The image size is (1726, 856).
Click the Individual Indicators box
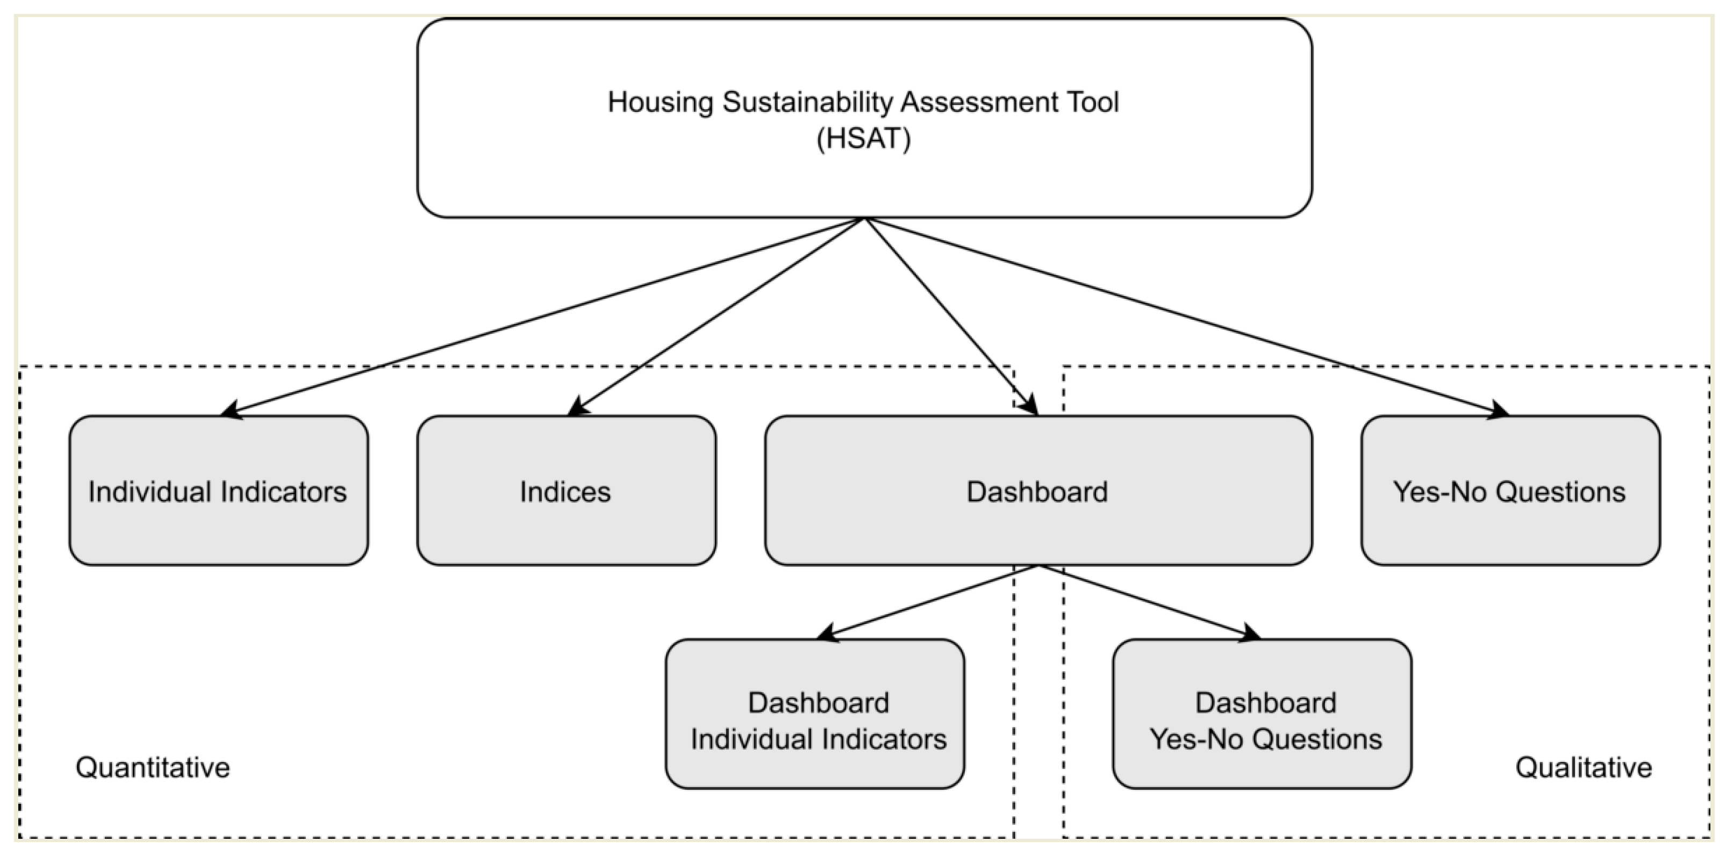pyautogui.click(x=218, y=491)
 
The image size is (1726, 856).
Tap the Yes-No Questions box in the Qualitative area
pyautogui.click(x=1510, y=491)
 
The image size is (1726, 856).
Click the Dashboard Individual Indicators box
pyautogui.click(x=815, y=714)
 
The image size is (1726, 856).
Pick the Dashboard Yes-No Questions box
pyautogui.click(x=1262, y=714)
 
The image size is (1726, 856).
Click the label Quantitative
pyautogui.click(x=153, y=767)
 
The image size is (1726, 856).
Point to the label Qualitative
pyautogui.click(x=1583, y=767)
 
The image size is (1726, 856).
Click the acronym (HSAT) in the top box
pyautogui.click(x=864, y=139)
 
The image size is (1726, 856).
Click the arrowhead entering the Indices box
pyautogui.click(x=576, y=408)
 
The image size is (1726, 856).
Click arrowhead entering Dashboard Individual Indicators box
pyautogui.click(x=827, y=633)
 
